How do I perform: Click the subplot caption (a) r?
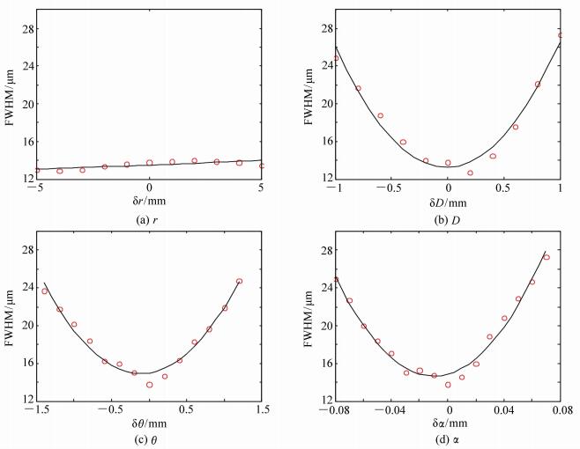[148, 218]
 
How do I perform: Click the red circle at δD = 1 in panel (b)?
[561, 35]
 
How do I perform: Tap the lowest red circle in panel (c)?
[150, 385]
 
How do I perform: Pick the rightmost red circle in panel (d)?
[547, 257]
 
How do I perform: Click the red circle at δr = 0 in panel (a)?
[150, 163]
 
